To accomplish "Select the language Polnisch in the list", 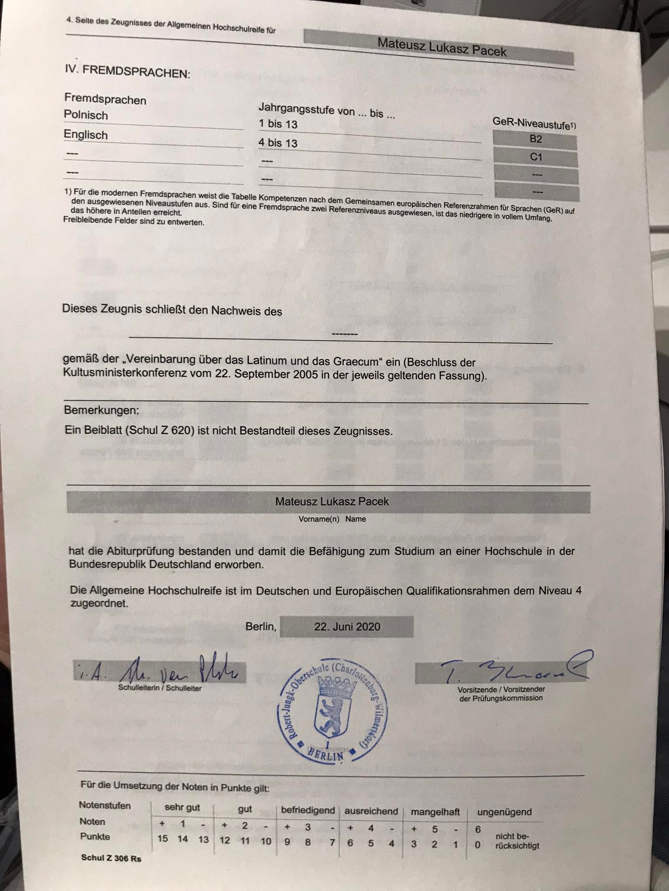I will coord(86,115).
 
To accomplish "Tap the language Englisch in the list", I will coord(86,135).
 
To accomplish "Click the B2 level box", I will coord(535,140).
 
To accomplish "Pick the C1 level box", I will coord(536,157).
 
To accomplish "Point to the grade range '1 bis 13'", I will coord(278,124).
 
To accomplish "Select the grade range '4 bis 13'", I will coord(278,143).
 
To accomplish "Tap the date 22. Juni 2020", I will coord(347,626).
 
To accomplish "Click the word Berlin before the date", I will coord(260,626).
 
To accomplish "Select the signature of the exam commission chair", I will coord(514,668).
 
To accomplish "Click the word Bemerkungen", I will coord(101,410).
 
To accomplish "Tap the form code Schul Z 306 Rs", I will coord(111,858).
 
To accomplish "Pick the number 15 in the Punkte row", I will coord(162,838).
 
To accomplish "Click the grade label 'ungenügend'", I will coord(504,812).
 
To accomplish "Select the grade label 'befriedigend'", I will coord(308,810).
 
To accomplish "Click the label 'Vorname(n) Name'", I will coord(332,519).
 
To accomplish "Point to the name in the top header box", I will coord(442,47).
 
